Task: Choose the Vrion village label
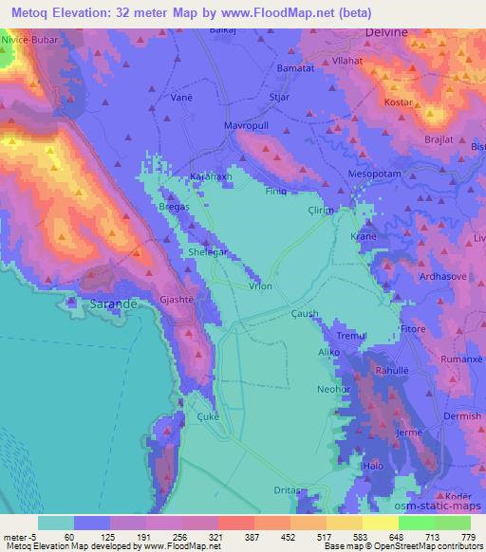(x=261, y=286)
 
